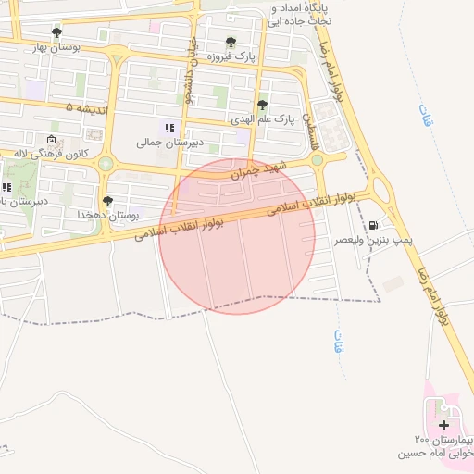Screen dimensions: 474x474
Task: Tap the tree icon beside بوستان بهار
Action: (57, 31)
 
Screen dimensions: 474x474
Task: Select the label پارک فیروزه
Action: (231, 56)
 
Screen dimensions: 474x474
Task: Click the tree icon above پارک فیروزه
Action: (231, 42)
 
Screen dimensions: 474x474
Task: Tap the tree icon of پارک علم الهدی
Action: (263, 105)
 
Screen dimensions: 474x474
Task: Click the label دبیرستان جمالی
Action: (163, 143)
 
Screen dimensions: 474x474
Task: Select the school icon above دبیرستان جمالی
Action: (168, 128)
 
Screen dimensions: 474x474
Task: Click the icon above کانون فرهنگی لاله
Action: (51, 139)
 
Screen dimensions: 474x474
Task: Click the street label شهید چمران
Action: (260, 169)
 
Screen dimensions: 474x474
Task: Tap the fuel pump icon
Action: (373, 225)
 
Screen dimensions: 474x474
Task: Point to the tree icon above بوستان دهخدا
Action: (108, 200)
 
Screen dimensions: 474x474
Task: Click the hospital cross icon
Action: (443, 424)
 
